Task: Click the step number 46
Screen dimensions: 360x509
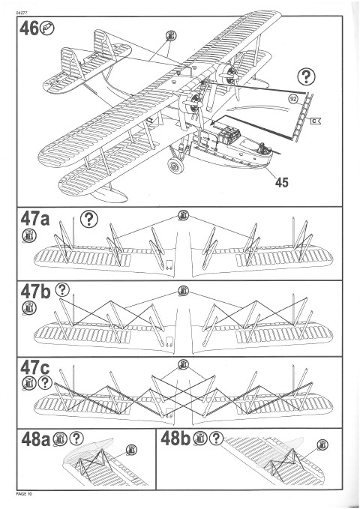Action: click(x=29, y=28)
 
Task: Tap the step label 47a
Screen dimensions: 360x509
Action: click(x=35, y=218)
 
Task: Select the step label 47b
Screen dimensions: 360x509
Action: click(x=35, y=292)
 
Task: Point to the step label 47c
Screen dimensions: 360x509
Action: click(x=34, y=367)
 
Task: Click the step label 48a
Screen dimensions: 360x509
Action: click(x=36, y=439)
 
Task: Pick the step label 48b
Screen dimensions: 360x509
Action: click(x=175, y=439)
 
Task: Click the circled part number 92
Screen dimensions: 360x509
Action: click(x=293, y=100)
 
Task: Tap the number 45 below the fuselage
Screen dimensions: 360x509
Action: click(x=282, y=182)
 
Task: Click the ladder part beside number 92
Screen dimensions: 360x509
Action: click(x=304, y=117)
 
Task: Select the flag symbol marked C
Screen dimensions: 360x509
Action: click(x=316, y=121)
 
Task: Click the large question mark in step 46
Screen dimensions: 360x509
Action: click(x=306, y=76)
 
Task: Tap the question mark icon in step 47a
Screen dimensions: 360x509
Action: click(x=89, y=219)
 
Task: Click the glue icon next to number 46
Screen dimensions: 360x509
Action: click(x=46, y=28)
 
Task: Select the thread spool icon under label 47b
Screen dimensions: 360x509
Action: click(x=29, y=308)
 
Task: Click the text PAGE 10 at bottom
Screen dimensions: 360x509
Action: click(x=24, y=494)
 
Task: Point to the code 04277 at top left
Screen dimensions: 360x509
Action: click(x=22, y=13)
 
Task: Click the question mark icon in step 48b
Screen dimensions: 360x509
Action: click(x=216, y=439)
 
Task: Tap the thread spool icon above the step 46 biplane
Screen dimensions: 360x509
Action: click(x=170, y=35)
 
